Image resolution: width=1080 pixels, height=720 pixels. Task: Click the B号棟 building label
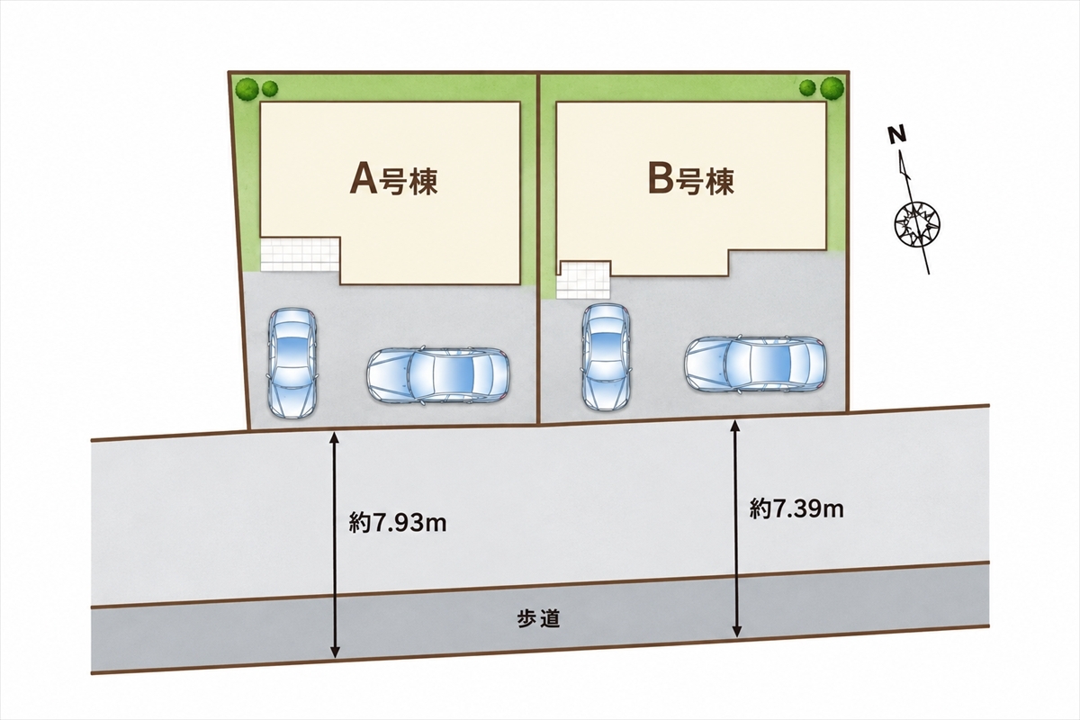(691, 181)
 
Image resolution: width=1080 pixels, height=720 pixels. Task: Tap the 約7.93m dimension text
(398, 522)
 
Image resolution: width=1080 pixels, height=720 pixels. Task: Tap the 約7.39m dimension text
(796, 508)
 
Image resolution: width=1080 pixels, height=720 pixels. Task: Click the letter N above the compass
(898, 136)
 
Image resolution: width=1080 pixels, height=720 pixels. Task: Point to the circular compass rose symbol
(917, 225)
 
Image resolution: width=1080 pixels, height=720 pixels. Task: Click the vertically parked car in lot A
(292, 363)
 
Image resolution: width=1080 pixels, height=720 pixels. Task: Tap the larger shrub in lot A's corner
(247, 89)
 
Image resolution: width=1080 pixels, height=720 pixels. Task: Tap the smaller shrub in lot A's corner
(270, 88)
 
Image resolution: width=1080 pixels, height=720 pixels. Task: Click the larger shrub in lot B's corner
(832, 88)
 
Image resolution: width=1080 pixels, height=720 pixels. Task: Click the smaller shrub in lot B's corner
(807, 88)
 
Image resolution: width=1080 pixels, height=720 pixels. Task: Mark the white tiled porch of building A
(300, 254)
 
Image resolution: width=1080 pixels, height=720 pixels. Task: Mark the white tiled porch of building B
(583, 280)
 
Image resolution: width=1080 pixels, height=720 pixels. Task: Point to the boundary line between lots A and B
(538, 248)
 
